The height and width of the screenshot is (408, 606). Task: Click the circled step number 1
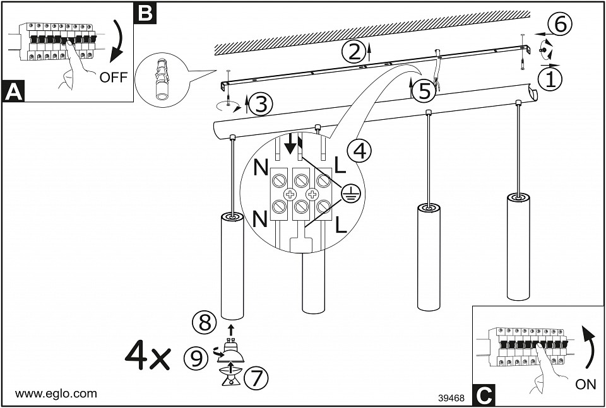[x=550, y=79]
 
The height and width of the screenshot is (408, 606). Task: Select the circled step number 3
[x=259, y=104]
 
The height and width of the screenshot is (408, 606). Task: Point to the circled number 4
[x=359, y=151]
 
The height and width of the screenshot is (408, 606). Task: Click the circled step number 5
[x=424, y=91]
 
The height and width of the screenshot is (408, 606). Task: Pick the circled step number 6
[x=560, y=24]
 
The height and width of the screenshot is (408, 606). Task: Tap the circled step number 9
[x=196, y=358]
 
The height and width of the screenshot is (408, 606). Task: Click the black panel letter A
[x=13, y=91]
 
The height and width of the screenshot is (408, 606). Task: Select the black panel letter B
[x=145, y=13]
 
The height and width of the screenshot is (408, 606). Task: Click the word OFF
[x=114, y=78]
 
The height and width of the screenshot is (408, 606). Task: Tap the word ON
[x=586, y=385]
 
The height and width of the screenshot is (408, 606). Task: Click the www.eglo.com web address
[x=56, y=393]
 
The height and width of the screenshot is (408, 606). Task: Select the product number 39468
[x=451, y=398]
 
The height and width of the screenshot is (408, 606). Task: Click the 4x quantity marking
[x=148, y=356]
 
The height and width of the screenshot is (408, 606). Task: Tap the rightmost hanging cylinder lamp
[x=519, y=246]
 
